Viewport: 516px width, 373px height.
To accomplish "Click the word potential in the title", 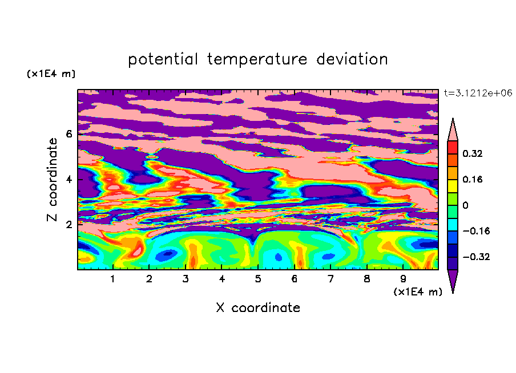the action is tap(163, 59).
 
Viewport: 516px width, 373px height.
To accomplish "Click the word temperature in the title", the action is tap(257, 59).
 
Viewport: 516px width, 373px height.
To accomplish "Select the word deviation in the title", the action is tap(352, 59).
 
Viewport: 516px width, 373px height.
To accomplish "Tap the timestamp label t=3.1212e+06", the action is tap(478, 93).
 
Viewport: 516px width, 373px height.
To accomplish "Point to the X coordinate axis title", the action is tap(258, 307).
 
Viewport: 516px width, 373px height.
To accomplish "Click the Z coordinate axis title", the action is tap(52, 180).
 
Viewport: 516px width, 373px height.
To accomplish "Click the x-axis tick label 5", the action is tap(258, 279).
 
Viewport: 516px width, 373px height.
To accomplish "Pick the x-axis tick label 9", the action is tap(403, 279).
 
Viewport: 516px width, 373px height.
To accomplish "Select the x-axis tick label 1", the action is tap(112, 279).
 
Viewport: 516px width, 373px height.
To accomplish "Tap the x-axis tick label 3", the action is tap(186, 279).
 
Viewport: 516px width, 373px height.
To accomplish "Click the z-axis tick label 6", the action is tap(68, 134).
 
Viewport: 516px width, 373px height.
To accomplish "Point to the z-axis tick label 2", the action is tap(68, 225).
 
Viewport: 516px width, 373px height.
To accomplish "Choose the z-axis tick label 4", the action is tap(68, 179).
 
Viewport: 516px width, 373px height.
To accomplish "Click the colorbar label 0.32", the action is tap(472, 153).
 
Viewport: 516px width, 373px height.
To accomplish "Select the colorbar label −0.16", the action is tap(476, 231).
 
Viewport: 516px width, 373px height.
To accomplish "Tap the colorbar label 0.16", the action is tap(472, 179).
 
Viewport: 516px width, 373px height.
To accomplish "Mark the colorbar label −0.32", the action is tap(476, 257).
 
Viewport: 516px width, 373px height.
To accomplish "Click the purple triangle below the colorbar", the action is tap(453, 279).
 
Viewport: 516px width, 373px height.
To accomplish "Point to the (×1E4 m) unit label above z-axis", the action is tap(51, 74).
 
